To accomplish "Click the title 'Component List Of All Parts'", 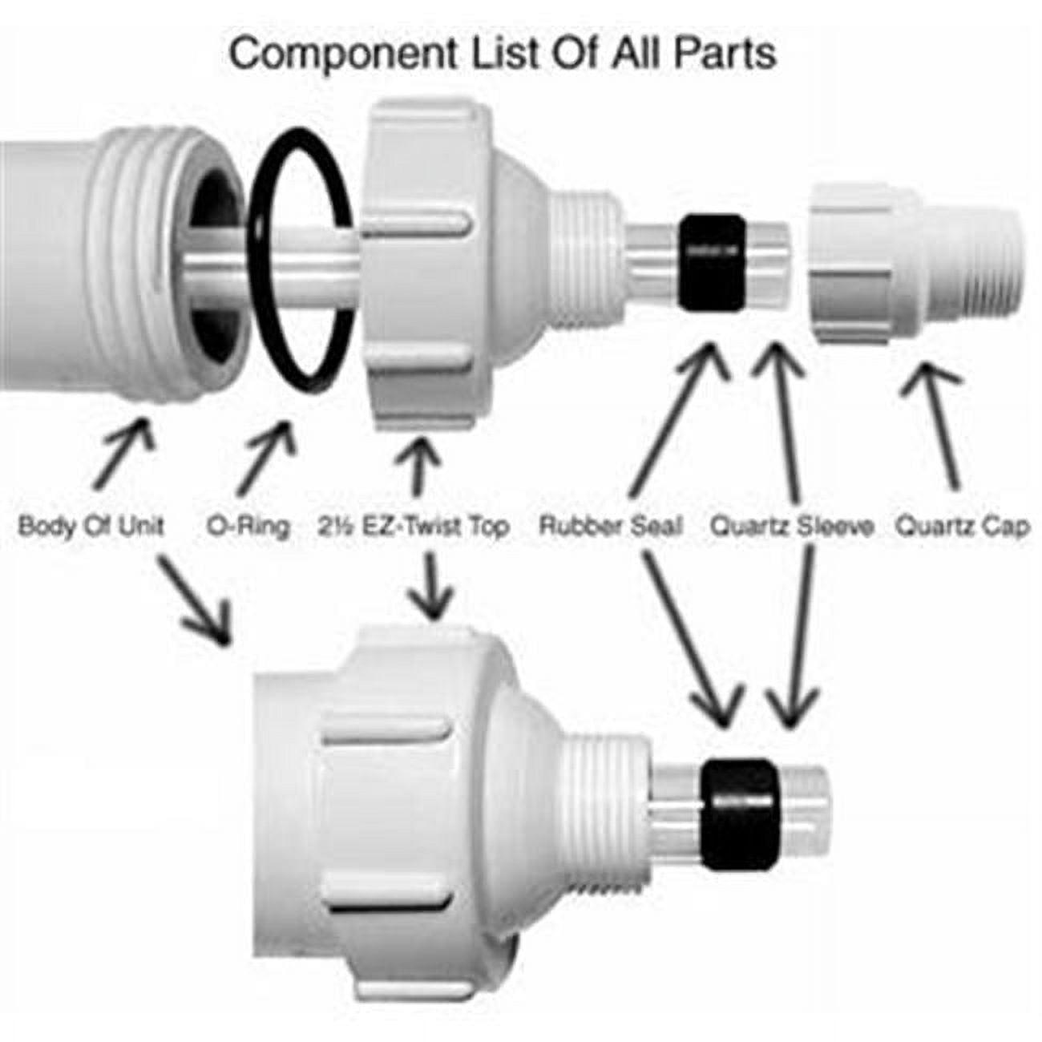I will tap(503, 54).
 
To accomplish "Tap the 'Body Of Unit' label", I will tap(91, 527).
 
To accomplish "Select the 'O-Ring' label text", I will tap(248, 527).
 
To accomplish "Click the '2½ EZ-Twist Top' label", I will tap(413, 527).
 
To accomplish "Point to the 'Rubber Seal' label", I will tap(611, 527).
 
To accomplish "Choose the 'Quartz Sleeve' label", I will tap(791, 527).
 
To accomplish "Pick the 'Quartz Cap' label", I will tap(961, 527).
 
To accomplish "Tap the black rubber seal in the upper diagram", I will tap(710, 262).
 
